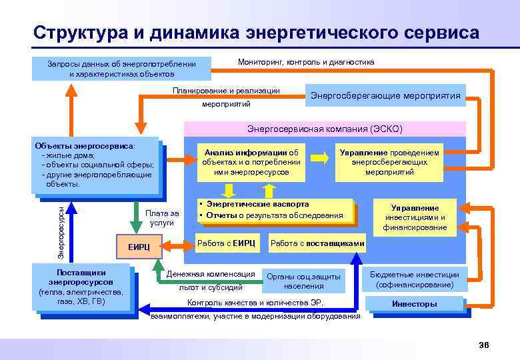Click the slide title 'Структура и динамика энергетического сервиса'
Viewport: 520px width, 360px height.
tap(256, 33)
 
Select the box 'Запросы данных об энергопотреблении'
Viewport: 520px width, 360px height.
tap(121, 69)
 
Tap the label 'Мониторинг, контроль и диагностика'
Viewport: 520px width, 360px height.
tap(306, 62)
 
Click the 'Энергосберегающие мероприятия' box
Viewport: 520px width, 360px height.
tap(385, 96)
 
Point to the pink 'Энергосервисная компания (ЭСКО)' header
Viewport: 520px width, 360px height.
tap(325, 128)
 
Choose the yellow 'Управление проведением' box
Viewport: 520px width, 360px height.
tap(389, 162)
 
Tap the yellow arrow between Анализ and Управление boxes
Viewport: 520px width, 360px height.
tap(320, 158)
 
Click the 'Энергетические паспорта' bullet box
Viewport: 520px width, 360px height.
tap(274, 210)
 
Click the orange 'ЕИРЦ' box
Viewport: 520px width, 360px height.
tap(139, 247)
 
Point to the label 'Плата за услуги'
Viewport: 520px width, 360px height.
tap(162, 218)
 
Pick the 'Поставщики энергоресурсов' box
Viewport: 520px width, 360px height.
tap(81, 287)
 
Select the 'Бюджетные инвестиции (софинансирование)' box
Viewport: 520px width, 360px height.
tap(414, 279)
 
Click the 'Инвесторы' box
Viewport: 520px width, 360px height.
tap(414, 304)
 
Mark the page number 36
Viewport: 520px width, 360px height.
tap(483, 344)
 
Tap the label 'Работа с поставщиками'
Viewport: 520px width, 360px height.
tap(317, 244)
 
